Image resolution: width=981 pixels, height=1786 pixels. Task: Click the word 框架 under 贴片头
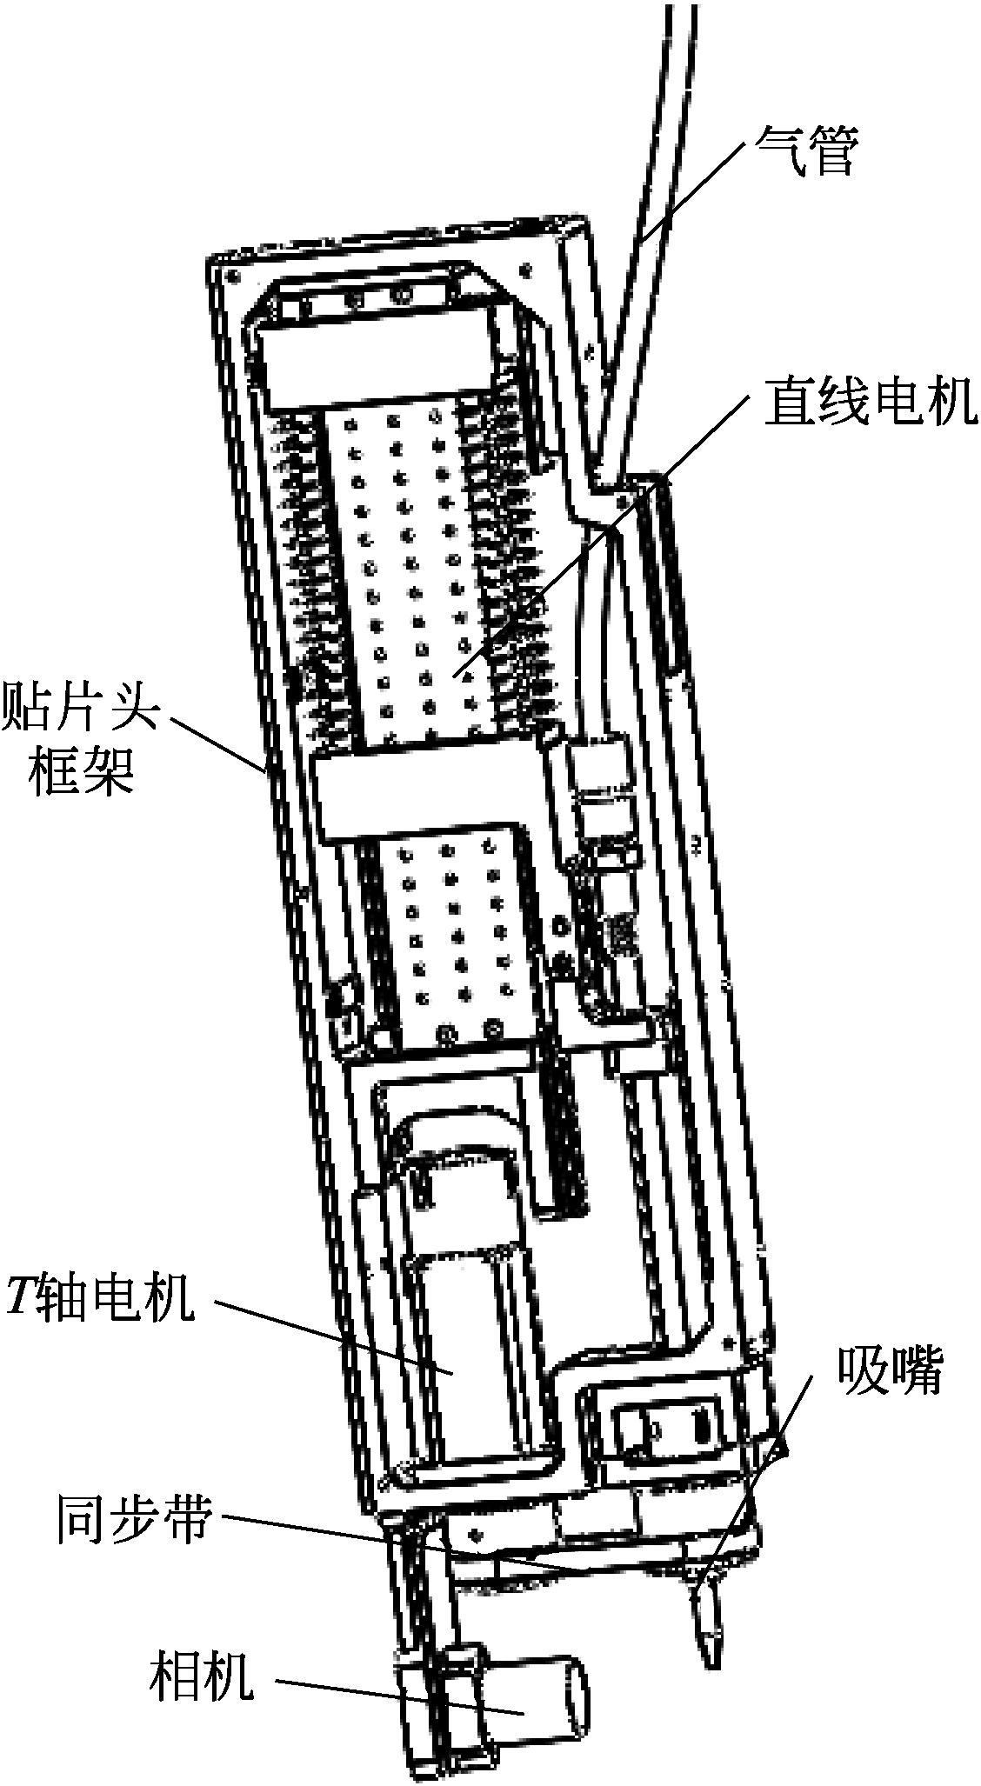point(80,770)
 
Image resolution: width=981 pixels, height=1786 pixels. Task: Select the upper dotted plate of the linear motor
point(409,565)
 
